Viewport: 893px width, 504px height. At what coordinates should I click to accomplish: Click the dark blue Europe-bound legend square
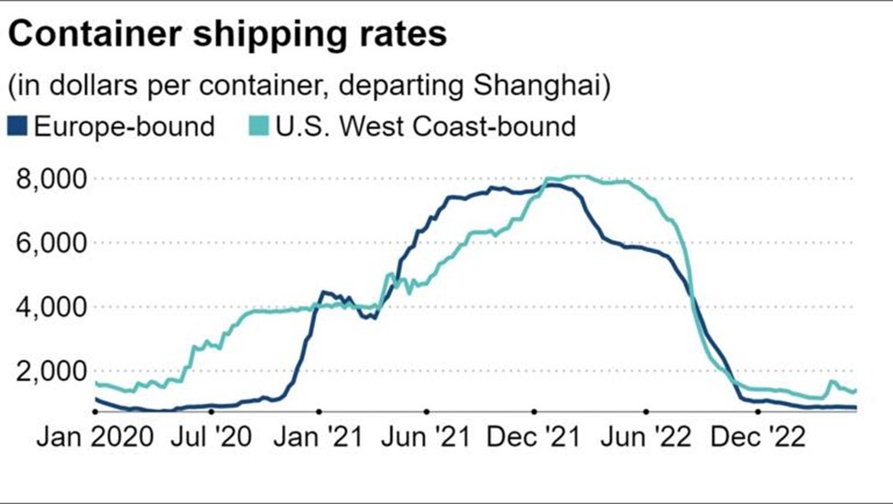(x=18, y=126)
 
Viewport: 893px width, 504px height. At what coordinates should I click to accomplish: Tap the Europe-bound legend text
(x=123, y=126)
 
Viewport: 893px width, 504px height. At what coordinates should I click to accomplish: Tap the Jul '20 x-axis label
(x=212, y=438)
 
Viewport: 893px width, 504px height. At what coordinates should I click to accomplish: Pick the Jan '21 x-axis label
(x=320, y=438)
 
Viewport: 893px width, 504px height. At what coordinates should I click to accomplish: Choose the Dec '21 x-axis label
(x=535, y=438)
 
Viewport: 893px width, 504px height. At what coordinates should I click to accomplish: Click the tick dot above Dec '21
(x=534, y=412)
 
